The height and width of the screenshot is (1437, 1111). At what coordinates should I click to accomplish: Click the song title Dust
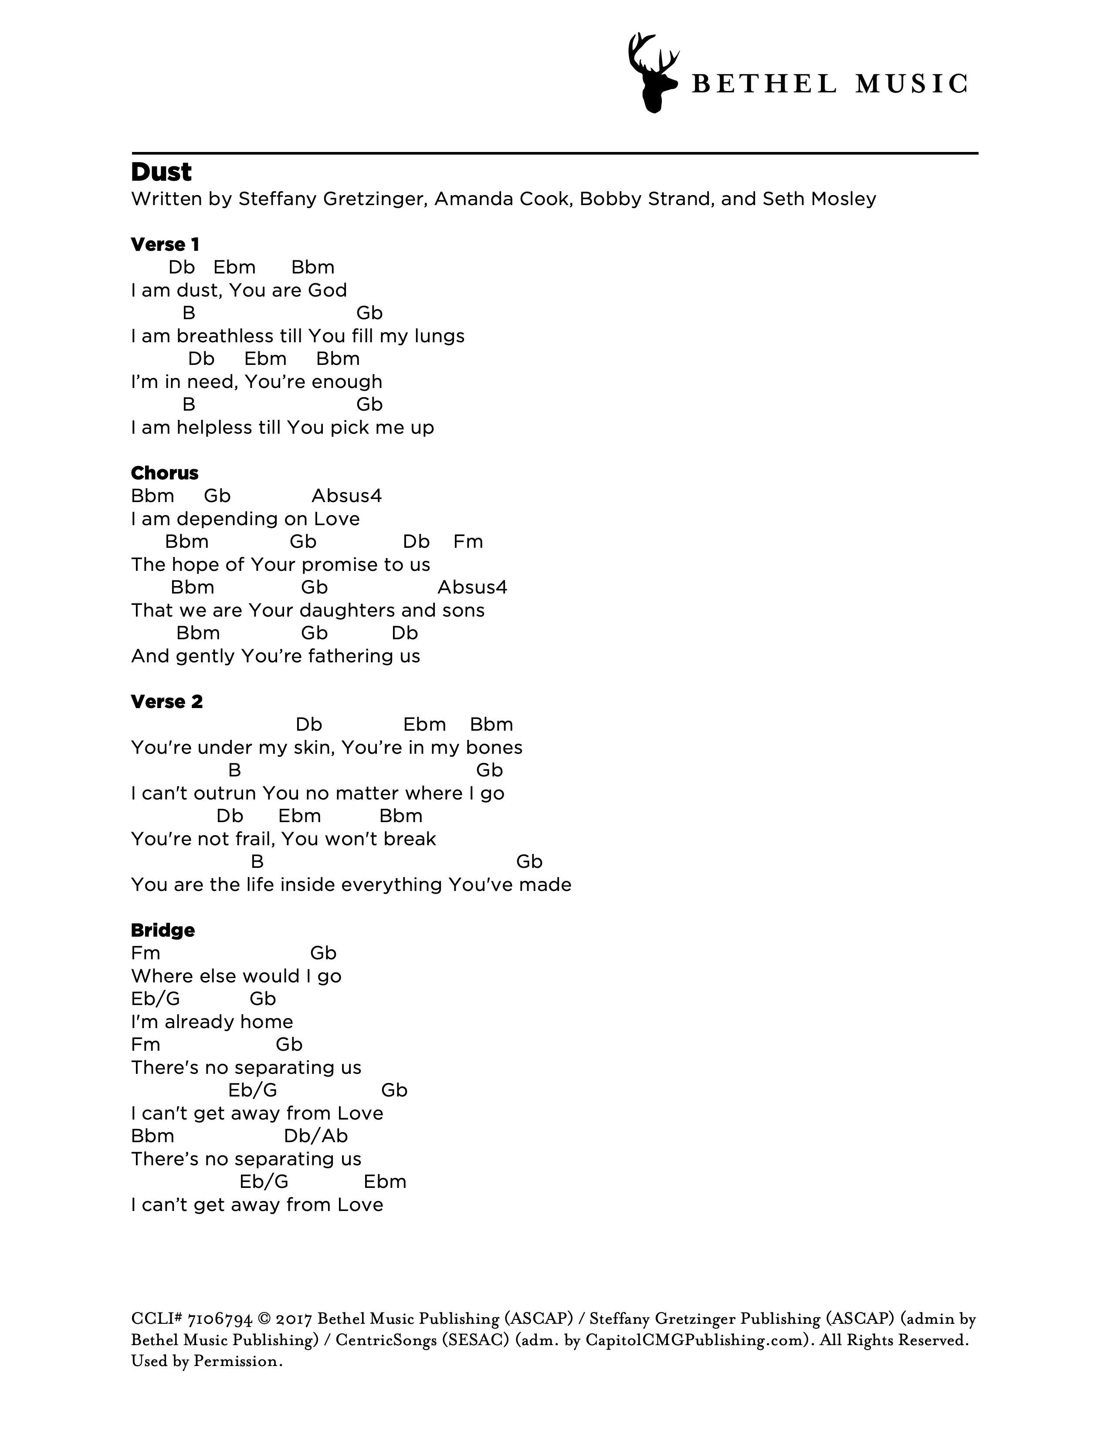tap(161, 172)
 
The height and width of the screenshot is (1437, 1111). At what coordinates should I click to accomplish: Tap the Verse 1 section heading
tap(165, 245)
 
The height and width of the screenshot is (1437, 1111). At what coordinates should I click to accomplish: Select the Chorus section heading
tap(165, 473)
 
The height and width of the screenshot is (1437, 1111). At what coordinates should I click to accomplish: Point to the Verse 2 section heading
tap(166, 702)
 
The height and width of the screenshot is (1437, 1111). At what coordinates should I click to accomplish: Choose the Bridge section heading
tap(163, 931)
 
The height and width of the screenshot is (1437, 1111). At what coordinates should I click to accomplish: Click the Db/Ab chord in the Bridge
tap(316, 1136)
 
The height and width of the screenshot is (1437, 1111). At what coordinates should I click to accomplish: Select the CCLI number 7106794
tap(220, 1319)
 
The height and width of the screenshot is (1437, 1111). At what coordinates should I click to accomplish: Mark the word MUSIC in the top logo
tap(911, 84)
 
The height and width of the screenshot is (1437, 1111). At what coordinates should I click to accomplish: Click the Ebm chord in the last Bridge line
tap(385, 1182)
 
